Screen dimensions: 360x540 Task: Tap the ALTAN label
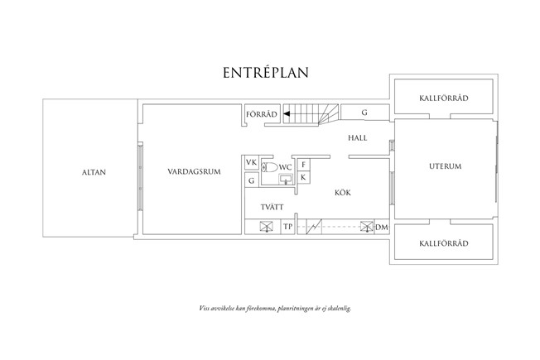click(x=94, y=172)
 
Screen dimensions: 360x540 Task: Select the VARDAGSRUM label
click(x=192, y=172)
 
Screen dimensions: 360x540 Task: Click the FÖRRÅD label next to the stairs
click(x=259, y=113)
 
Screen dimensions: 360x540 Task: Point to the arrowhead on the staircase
click(x=287, y=113)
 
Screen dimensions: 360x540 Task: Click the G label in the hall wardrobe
click(x=364, y=112)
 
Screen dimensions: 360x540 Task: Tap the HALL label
click(x=358, y=138)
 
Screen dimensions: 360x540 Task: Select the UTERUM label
click(x=445, y=166)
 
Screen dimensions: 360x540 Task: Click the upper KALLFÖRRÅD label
click(x=445, y=98)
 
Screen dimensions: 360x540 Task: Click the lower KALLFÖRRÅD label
click(x=445, y=243)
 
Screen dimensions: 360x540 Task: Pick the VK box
click(x=251, y=163)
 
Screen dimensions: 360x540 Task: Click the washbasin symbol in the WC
click(x=285, y=178)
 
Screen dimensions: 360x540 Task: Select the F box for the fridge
click(x=304, y=164)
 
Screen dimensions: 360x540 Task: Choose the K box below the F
click(x=304, y=177)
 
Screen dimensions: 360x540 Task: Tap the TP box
click(x=288, y=226)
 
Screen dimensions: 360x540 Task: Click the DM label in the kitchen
click(x=382, y=226)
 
